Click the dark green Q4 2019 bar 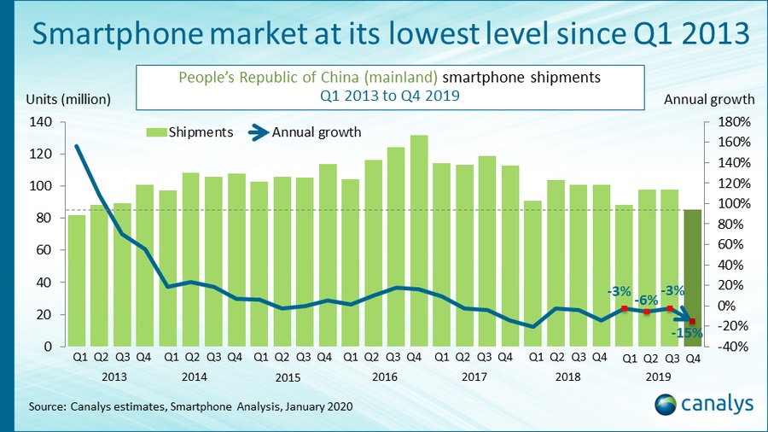(692, 277)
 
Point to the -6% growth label (648, 299)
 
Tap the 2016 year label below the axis (385, 377)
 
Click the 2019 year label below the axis (658, 377)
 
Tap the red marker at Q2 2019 (648, 312)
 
